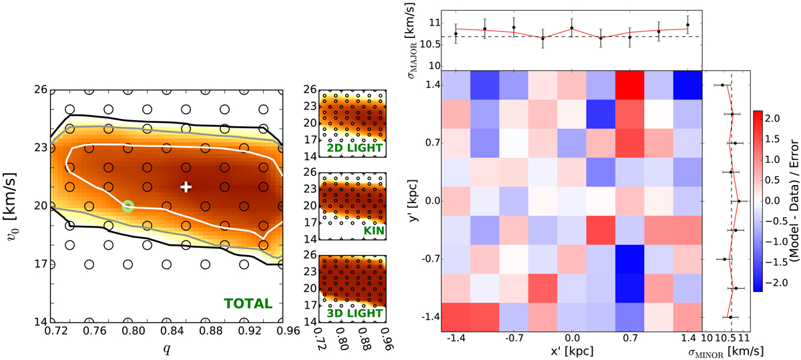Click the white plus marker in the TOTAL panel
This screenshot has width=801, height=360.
pyautogui.click(x=186, y=187)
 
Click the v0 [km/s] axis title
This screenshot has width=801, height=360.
pyautogui.click(x=10, y=204)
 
